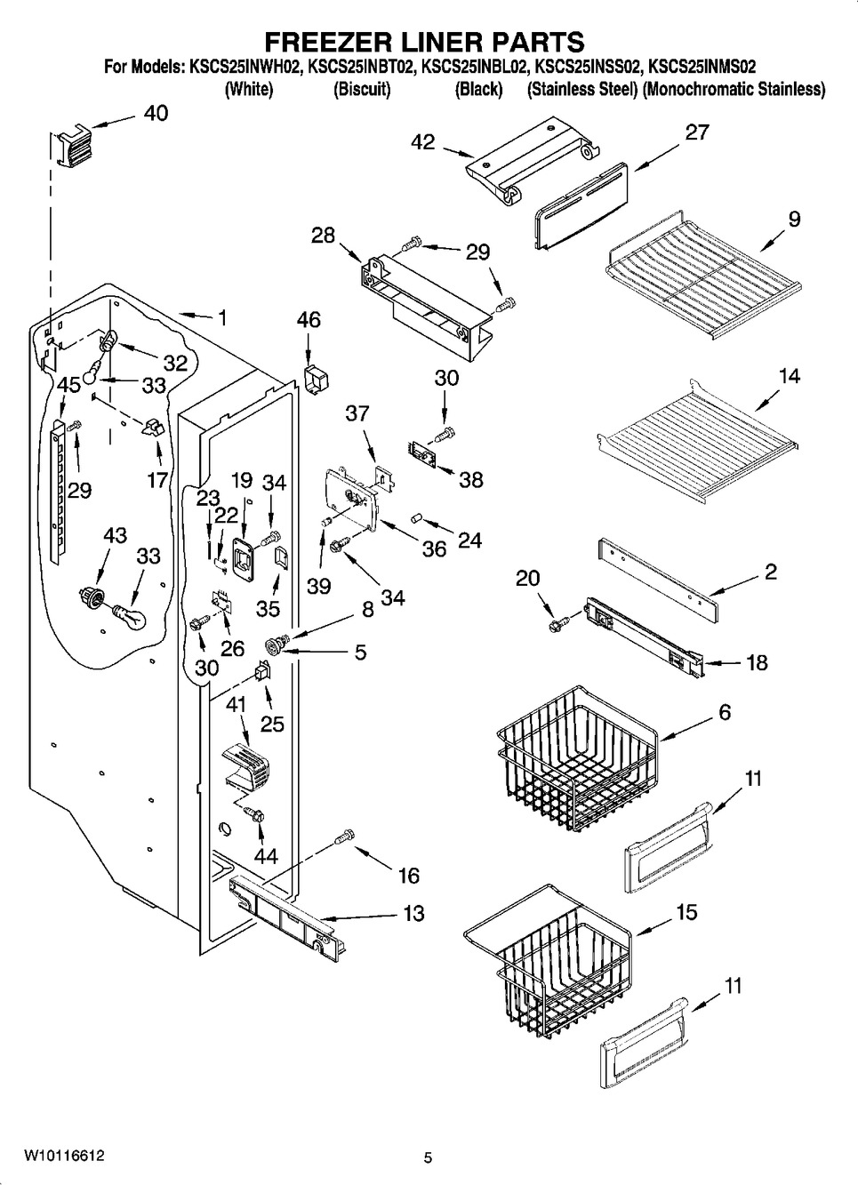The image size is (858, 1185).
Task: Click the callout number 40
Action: click(x=156, y=114)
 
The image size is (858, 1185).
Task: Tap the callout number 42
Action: click(x=423, y=142)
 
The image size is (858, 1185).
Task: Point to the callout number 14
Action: click(x=789, y=376)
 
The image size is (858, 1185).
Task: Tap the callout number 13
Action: click(x=413, y=913)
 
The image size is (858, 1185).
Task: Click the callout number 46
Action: click(x=309, y=320)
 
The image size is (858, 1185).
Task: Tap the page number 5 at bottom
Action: click(x=428, y=1157)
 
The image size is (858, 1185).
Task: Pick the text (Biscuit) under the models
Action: click(x=362, y=89)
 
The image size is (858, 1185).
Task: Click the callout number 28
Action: click(x=323, y=236)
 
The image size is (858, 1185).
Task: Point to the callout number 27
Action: click(x=697, y=132)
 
